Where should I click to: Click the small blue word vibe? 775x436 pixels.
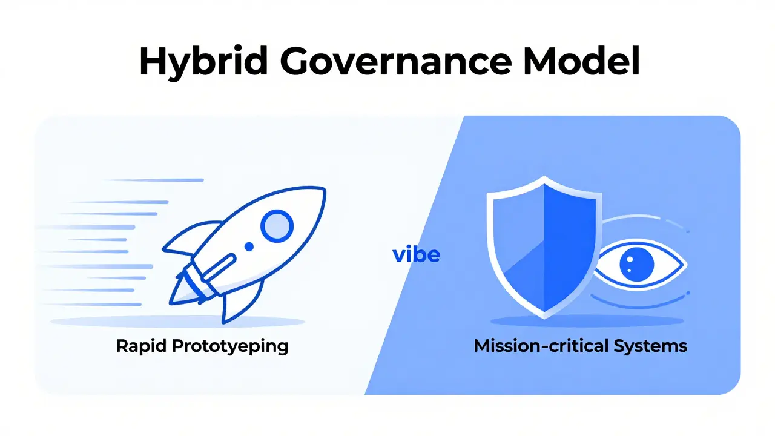(x=416, y=254)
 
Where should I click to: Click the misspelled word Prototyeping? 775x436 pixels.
(x=231, y=347)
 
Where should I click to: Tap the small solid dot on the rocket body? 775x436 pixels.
(x=249, y=246)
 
